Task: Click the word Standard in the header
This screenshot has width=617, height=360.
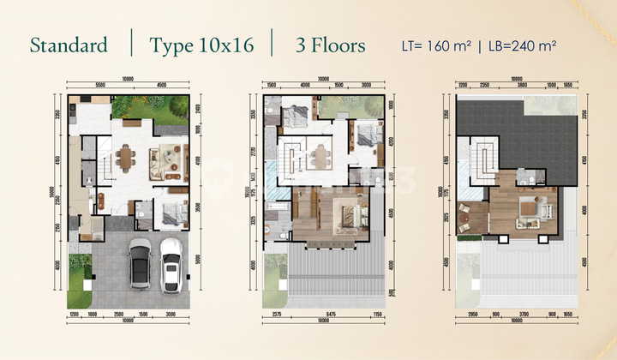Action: click(x=69, y=45)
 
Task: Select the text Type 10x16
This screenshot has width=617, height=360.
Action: click(x=201, y=45)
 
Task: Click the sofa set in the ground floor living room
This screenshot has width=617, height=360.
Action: click(x=165, y=160)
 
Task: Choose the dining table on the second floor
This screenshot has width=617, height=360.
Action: click(x=322, y=157)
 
